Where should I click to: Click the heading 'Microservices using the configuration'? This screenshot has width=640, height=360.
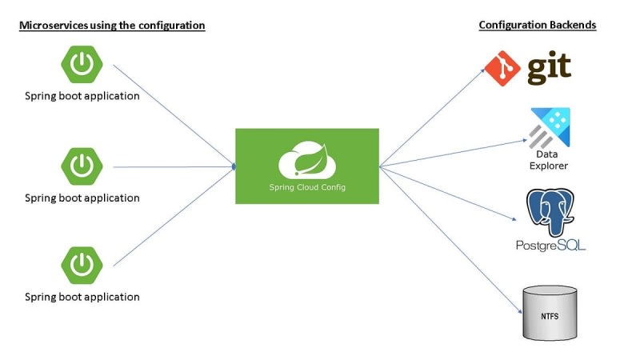(x=112, y=26)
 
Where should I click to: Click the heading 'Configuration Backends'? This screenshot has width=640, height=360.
(x=538, y=26)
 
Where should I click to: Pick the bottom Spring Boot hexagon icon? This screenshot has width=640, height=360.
(x=81, y=266)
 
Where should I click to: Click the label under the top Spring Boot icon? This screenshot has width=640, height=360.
(x=82, y=97)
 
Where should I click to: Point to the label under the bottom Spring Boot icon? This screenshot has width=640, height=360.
(x=82, y=297)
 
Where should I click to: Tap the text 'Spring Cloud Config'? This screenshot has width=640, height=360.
(x=307, y=188)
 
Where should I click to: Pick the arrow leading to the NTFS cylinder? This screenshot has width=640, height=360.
(x=448, y=240)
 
